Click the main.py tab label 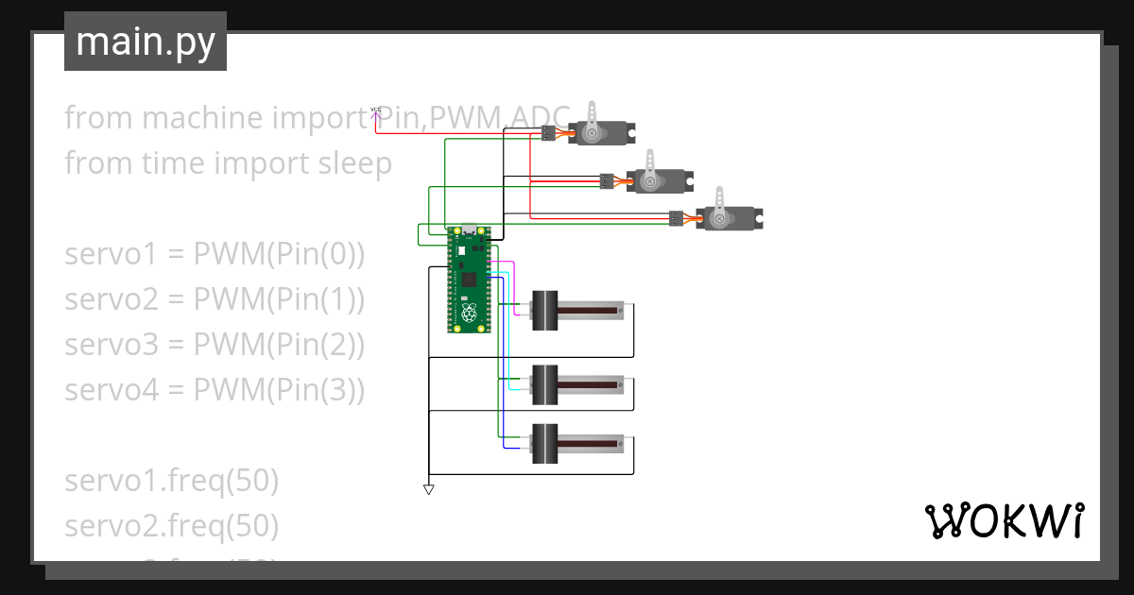coord(145,42)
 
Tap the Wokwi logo coord(1004,520)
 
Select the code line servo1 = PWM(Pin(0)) coord(215,254)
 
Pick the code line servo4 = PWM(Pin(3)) coord(215,390)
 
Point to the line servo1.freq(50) coord(171,481)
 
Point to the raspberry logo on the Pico coord(470,313)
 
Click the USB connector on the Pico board coord(470,231)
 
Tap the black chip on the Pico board coord(470,279)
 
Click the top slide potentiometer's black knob coord(545,311)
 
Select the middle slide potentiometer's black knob coord(545,384)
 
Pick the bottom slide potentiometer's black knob coord(545,443)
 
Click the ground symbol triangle coord(428,489)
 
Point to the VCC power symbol coord(376,111)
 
